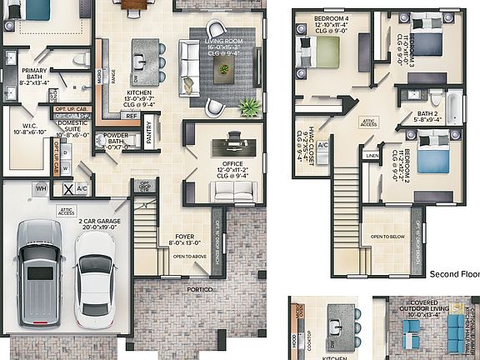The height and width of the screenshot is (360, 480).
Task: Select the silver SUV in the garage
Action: (38, 271)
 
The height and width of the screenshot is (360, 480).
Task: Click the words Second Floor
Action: (454, 272)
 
